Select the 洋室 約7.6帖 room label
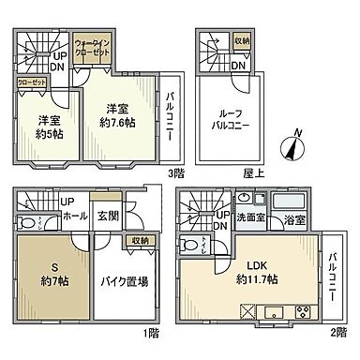click(x=119, y=113)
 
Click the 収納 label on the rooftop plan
click(x=242, y=40)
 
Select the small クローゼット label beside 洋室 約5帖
click(x=30, y=82)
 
